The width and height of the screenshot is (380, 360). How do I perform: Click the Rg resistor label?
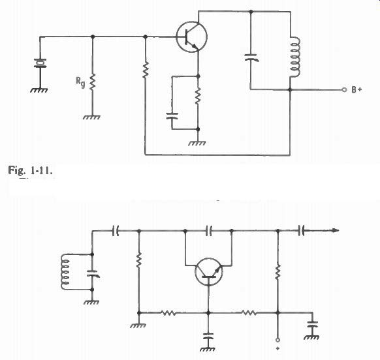[x=80, y=82]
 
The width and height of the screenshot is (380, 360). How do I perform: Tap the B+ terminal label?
[x=356, y=90]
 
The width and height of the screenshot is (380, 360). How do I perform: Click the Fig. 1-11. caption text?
[x=30, y=170]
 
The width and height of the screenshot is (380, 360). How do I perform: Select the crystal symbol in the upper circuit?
[x=40, y=63]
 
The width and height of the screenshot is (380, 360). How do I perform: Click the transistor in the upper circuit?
[x=192, y=37]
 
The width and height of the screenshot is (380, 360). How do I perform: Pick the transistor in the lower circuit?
[x=208, y=272]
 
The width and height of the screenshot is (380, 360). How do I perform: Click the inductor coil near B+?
[x=294, y=57]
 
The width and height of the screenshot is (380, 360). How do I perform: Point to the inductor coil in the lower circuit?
[x=65, y=272]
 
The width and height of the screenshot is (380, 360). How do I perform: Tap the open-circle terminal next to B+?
[x=344, y=90]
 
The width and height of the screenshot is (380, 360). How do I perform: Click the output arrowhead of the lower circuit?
[x=336, y=231]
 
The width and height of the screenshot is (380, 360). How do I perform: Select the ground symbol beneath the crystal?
[x=39, y=90]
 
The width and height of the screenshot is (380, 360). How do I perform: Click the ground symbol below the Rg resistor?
[x=91, y=117]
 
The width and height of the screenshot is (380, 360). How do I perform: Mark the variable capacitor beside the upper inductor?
[x=251, y=57]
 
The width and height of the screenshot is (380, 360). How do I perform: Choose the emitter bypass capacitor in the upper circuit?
[x=172, y=115]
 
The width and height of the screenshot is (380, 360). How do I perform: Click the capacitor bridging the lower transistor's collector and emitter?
[x=209, y=231]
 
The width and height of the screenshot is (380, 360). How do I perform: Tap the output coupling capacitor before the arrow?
[x=302, y=231]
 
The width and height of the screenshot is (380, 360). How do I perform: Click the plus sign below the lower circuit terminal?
[x=277, y=349]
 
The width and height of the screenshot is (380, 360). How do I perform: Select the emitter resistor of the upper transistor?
[x=198, y=97]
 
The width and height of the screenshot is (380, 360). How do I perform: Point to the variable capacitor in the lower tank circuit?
[x=92, y=274]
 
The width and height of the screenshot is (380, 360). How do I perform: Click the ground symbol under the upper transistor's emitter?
[x=197, y=143]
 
